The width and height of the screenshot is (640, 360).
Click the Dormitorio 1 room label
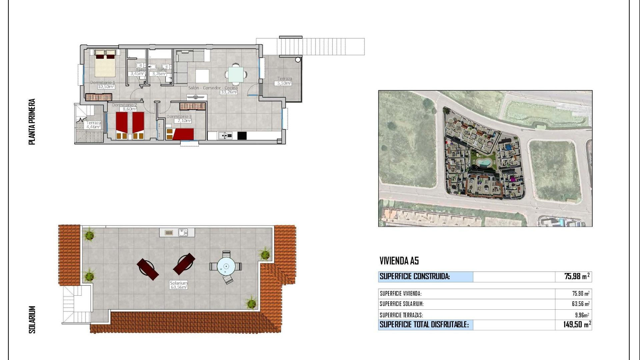point(102,82)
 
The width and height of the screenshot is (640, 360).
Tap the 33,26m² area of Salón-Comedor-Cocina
point(229,92)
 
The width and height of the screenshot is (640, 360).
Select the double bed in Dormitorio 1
point(105,63)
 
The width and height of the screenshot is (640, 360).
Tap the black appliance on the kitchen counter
point(242,135)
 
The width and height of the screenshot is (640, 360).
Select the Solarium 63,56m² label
point(179,285)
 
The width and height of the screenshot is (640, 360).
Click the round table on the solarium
point(226,266)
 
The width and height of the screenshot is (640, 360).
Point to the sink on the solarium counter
point(183,232)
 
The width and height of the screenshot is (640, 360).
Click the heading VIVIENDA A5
point(399,261)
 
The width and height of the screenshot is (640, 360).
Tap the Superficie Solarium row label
point(402,304)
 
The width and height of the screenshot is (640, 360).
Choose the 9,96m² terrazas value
point(582,315)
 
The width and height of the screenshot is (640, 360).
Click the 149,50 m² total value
point(577,324)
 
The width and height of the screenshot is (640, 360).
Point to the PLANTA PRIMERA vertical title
point(32,122)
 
